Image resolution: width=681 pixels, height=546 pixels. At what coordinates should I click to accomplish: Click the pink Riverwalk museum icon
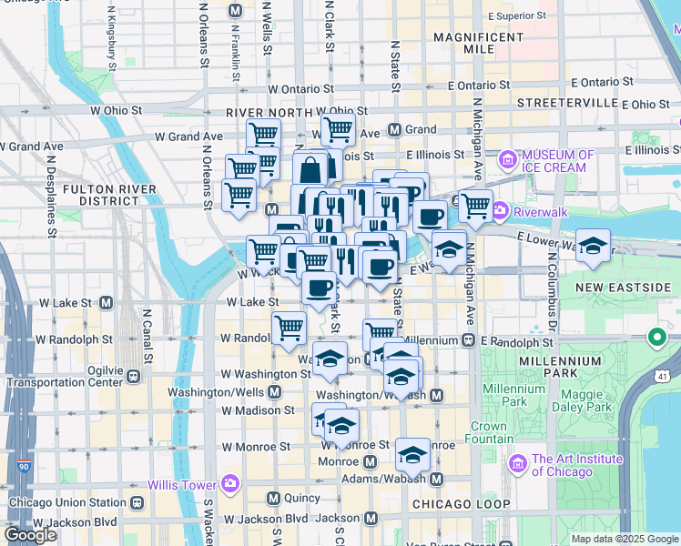[500, 212]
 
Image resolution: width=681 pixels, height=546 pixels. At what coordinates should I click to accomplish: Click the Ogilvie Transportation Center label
[64, 375]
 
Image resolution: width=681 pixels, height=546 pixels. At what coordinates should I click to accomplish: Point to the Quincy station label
[302, 498]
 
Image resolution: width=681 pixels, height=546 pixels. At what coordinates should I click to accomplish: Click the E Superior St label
[516, 15]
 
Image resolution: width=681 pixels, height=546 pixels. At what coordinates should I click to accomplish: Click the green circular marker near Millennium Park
[656, 339]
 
